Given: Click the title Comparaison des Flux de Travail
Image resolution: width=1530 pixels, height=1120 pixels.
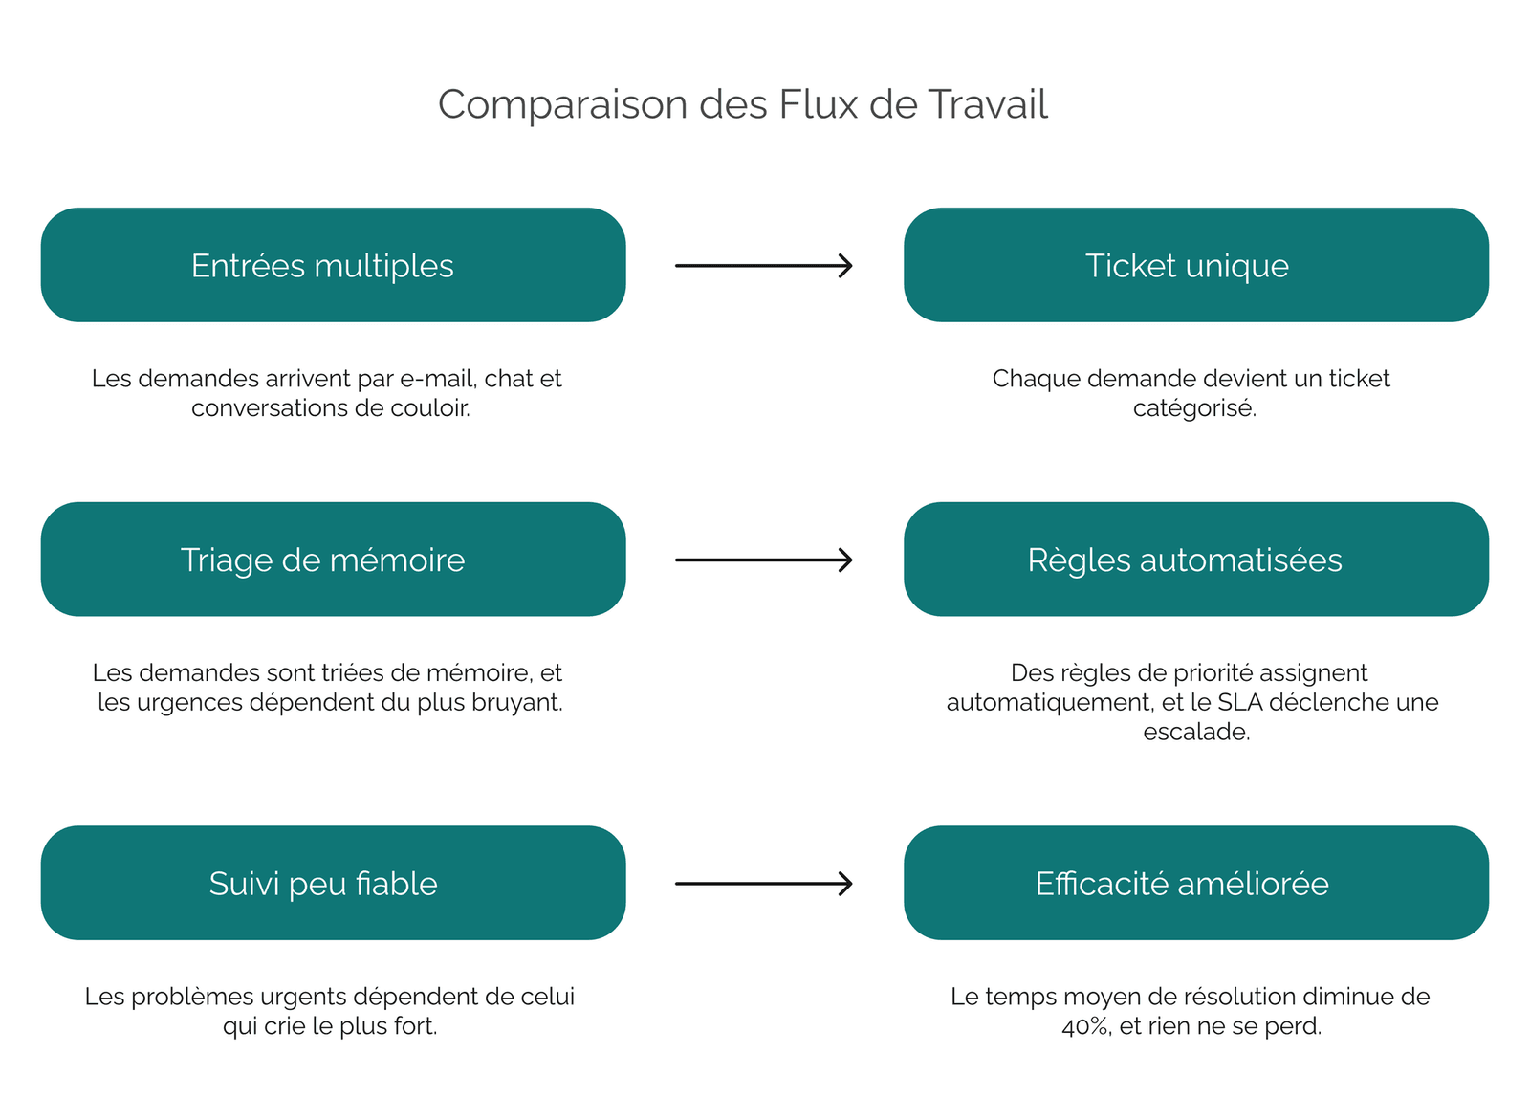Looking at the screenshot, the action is click(742, 104).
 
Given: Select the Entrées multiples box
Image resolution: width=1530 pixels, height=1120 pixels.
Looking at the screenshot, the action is click(334, 265).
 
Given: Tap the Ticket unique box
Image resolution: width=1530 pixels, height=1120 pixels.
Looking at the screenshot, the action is click(1196, 265).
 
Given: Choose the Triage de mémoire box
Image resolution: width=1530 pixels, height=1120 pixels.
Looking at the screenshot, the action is click(334, 559).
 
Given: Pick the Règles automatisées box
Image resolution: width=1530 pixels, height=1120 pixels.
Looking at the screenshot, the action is click(1196, 559).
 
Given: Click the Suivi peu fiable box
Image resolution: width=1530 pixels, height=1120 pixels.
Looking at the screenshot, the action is click(334, 883).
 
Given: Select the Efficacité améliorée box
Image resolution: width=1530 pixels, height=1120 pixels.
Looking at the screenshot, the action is click(1196, 883).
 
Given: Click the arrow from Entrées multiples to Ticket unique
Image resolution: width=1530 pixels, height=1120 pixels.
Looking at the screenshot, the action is click(764, 265).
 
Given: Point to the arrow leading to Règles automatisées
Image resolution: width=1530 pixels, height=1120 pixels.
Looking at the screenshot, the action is click(764, 560).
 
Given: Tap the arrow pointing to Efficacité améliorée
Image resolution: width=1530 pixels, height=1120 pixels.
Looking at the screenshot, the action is click(764, 884).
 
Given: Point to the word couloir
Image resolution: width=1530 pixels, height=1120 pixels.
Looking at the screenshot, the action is click(430, 408).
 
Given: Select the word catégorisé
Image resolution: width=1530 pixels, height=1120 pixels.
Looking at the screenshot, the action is click(1194, 408).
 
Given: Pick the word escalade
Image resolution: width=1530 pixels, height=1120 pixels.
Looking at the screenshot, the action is click(1196, 732).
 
